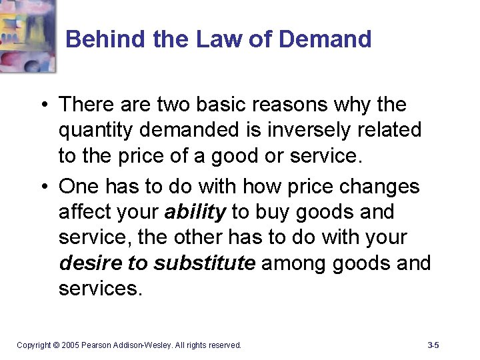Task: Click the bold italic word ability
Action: pos(195,212)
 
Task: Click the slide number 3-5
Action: pos(433,345)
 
